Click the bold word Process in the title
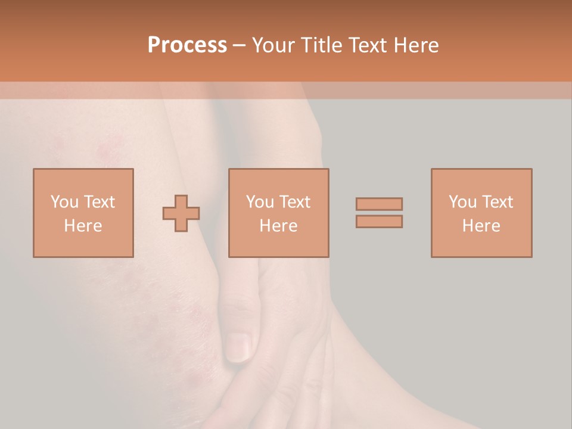click(x=187, y=45)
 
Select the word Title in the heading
click(x=320, y=45)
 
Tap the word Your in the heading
click(x=275, y=45)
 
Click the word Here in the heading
click(x=418, y=45)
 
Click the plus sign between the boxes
click(x=181, y=213)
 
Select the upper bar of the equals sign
click(x=379, y=204)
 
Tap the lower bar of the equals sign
click(x=379, y=221)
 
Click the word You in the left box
click(x=64, y=202)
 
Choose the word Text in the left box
click(x=98, y=202)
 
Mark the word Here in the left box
click(x=83, y=226)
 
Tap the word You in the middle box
click(x=260, y=202)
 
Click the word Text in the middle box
click(x=294, y=202)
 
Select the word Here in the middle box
click(x=278, y=226)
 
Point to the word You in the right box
click(x=462, y=202)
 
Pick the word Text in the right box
click(x=497, y=202)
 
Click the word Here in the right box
click(x=481, y=226)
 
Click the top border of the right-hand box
click(x=481, y=169)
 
